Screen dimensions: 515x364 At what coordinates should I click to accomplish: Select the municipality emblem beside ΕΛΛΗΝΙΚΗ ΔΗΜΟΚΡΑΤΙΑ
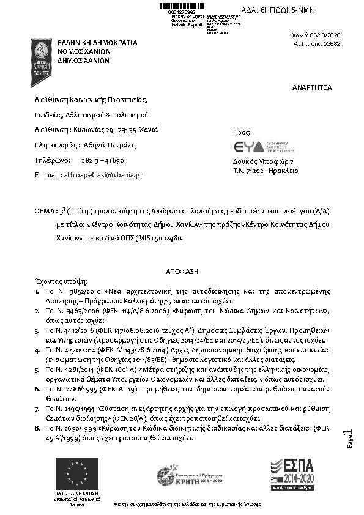41,61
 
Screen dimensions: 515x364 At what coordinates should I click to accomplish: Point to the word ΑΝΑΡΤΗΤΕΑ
312,87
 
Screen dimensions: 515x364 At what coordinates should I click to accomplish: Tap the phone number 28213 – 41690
103,160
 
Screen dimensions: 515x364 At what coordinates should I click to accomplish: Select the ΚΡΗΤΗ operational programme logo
189,475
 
